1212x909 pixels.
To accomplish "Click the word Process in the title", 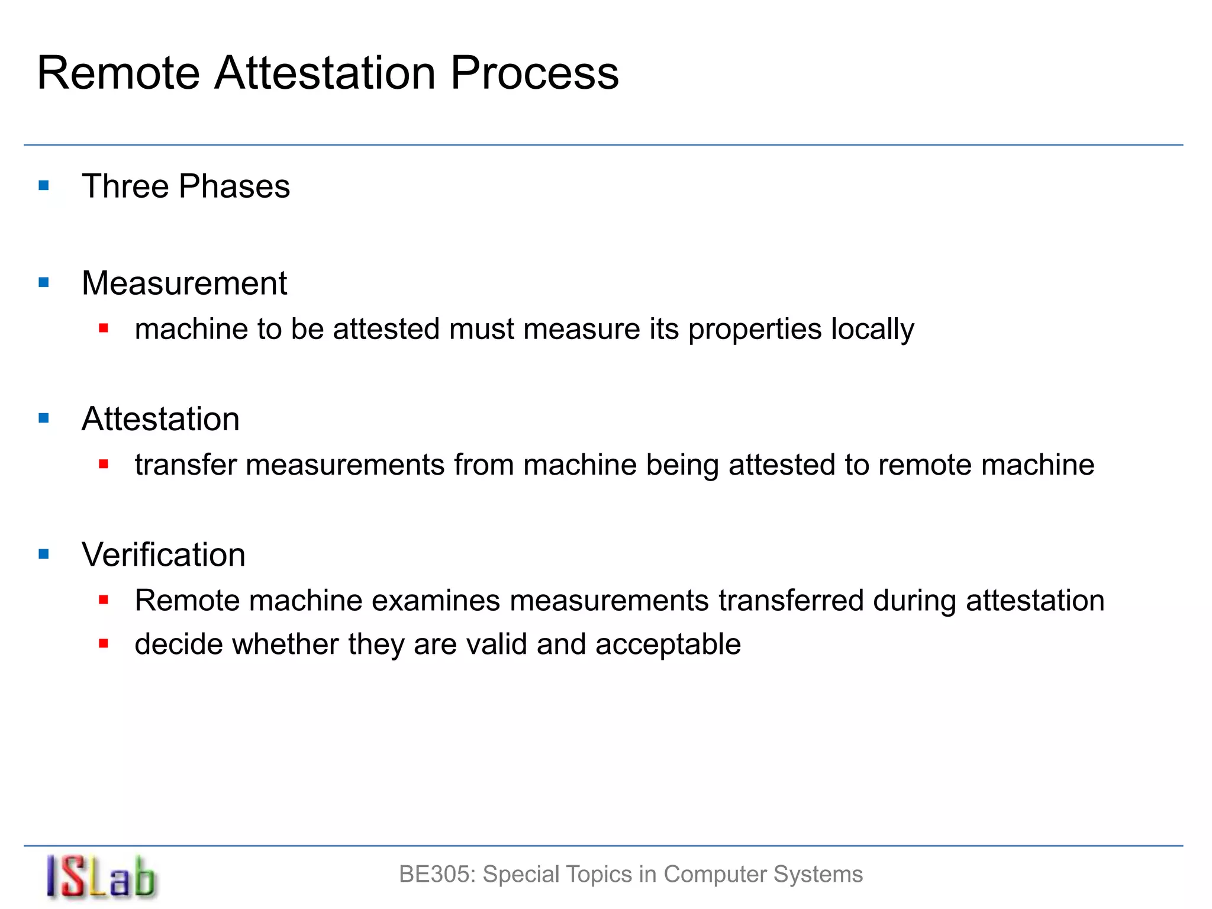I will point(534,73).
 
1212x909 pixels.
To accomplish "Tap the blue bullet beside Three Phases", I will point(44,186).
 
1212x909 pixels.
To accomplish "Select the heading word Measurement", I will point(184,283).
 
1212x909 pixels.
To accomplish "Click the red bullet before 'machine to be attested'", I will point(104,328).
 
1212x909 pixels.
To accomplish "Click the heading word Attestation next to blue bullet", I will point(160,419).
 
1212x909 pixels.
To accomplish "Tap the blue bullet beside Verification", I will point(44,555).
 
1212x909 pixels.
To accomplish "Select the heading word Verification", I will point(163,555).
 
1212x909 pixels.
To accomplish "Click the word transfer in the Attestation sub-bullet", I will point(185,465).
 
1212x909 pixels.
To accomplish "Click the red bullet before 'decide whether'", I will point(104,643).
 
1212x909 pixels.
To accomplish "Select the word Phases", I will point(234,186).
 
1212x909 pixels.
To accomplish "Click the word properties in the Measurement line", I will point(755,329).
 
